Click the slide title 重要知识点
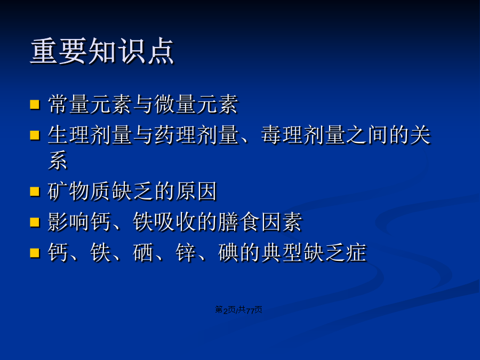click(102, 51)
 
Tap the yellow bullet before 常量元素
click(35, 104)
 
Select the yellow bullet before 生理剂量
click(35, 135)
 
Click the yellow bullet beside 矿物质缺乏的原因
click(35, 191)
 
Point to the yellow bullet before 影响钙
click(35, 222)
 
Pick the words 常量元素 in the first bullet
click(90, 105)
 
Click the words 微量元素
click(196, 105)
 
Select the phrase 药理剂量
click(196, 135)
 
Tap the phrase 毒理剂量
click(303, 135)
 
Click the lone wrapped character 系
click(58, 160)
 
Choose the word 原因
click(196, 191)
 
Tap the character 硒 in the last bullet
click(143, 253)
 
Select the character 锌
click(186, 253)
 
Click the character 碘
click(228, 253)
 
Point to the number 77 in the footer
click(250, 310)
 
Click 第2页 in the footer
click(225, 310)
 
